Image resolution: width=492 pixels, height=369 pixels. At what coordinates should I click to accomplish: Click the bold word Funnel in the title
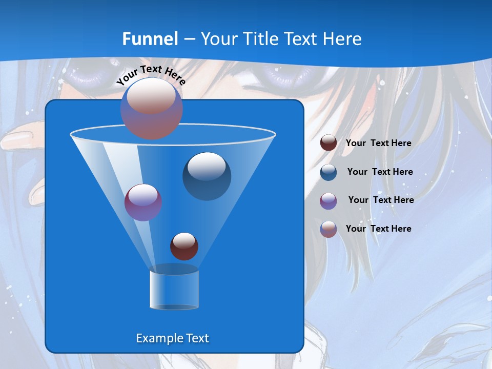tap(150, 39)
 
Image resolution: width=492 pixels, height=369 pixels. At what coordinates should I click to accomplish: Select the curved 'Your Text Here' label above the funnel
tap(151, 75)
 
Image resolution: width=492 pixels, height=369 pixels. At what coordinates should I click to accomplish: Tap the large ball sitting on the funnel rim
tap(152, 108)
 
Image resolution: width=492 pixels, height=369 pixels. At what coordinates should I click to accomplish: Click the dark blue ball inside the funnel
tap(207, 176)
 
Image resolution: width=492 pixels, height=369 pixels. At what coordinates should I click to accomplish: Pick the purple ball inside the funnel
tap(143, 202)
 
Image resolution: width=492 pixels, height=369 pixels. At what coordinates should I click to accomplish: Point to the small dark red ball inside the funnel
tap(184, 246)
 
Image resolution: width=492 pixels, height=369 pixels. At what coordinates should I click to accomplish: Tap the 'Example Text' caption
tap(172, 338)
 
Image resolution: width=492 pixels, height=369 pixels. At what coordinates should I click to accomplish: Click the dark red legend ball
tap(329, 142)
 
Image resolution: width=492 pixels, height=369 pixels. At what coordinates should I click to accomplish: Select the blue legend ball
tap(329, 172)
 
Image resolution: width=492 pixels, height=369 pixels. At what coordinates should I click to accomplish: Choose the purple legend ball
tap(329, 200)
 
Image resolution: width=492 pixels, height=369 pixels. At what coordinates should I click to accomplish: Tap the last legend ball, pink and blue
tap(329, 229)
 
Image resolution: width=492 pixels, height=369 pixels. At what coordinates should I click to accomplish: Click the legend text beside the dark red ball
tap(378, 143)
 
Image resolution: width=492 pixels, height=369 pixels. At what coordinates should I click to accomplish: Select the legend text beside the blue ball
tap(380, 172)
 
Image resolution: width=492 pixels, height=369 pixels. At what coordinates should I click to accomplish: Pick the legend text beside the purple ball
tap(381, 200)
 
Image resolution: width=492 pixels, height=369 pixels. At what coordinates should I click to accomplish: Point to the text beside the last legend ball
tap(378, 229)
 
